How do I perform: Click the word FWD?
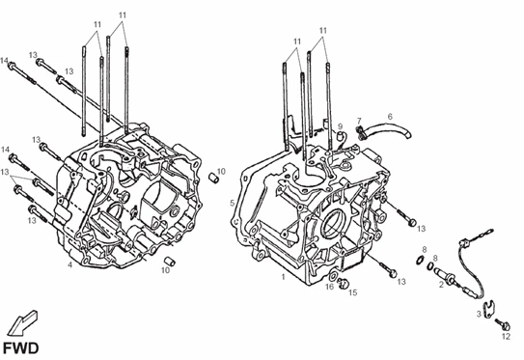click(x=21, y=348)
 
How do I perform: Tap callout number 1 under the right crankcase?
click(x=284, y=277)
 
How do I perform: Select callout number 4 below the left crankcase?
click(x=69, y=265)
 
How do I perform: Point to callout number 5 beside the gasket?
click(x=233, y=203)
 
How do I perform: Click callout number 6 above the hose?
click(x=390, y=117)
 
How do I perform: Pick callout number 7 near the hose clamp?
click(x=359, y=121)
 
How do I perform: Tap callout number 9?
click(x=341, y=126)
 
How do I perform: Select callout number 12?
click(x=507, y=336)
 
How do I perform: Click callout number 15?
click(x=353, y=292)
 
